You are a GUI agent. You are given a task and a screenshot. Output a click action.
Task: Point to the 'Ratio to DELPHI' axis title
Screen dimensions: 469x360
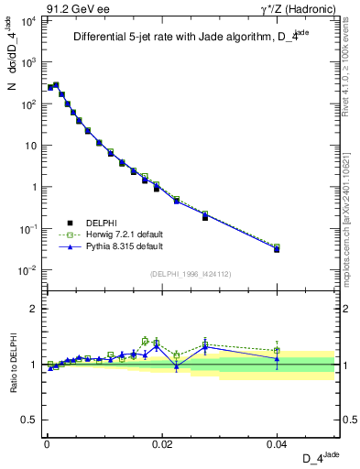tap(14, 364)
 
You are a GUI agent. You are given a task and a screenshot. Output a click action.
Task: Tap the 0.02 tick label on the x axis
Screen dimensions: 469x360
tap(161, 443)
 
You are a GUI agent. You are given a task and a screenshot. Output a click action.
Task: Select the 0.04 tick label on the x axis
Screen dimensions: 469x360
tap(277, 443)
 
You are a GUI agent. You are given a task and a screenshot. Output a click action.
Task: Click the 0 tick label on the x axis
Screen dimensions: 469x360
tap(47, 443)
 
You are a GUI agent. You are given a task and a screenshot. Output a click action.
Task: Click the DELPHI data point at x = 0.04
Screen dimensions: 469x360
tap(277, 249)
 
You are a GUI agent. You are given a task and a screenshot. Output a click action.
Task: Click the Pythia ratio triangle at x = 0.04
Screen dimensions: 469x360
tap(277, 358)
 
